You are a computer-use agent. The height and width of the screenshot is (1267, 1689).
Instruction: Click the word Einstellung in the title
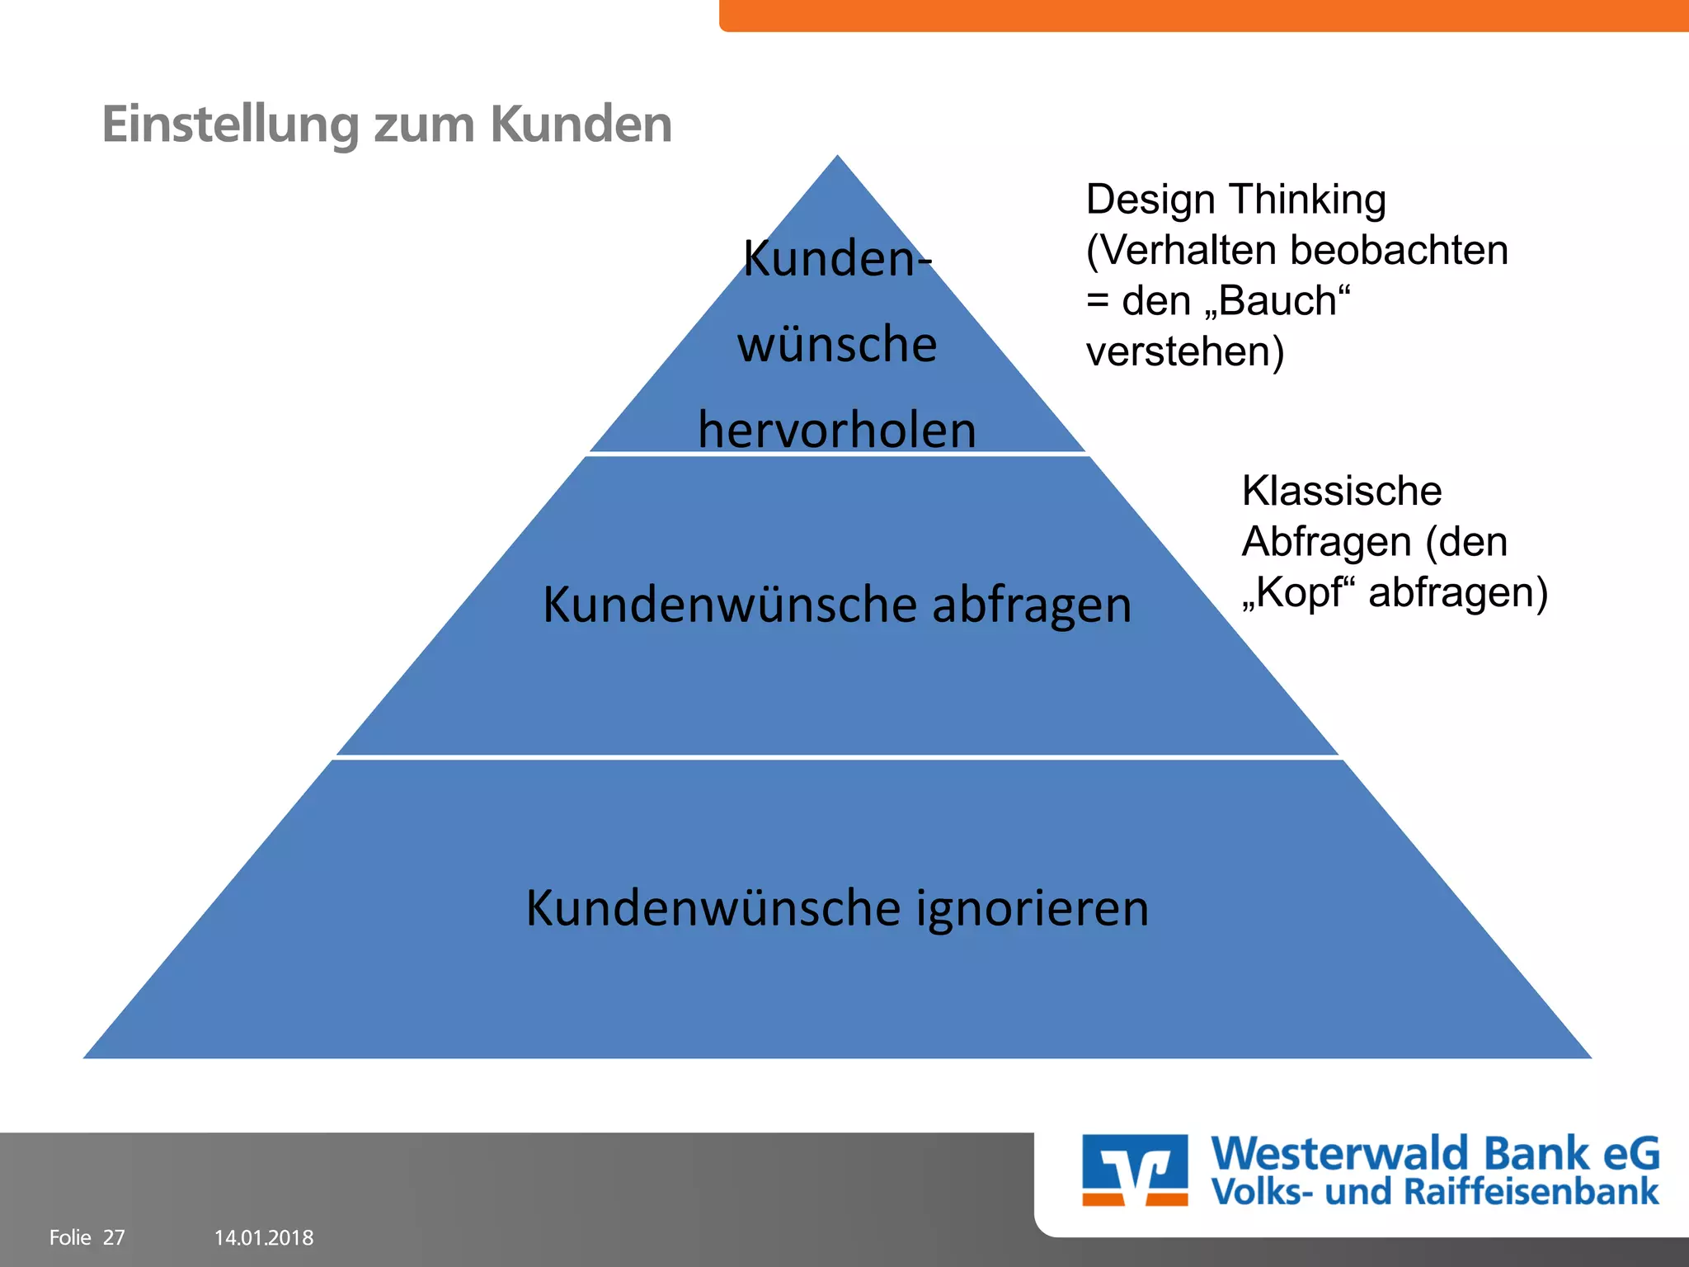[x=230, y=125]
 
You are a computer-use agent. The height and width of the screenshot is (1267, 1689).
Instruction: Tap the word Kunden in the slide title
[x=581, y=125]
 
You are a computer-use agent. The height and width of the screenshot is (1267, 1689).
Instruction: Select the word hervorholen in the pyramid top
[x=837, y=430]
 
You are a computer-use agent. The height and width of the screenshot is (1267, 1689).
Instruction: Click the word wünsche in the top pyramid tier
[x=837, y=344]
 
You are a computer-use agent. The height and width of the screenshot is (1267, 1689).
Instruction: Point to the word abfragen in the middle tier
[x=1032, y=605]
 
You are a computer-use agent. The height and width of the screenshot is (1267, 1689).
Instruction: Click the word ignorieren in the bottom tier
[x=1033, y=908]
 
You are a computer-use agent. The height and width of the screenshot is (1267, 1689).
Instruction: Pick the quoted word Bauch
[x=1277, y=301]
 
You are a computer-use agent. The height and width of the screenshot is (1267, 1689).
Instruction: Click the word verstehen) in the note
[x=1185, y=352]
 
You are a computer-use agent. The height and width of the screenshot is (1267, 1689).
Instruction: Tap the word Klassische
[x=1342, y=492]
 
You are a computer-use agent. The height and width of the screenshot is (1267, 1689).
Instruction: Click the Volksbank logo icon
[x=1135, y=1170]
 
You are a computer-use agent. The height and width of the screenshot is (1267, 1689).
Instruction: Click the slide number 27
[x=114, y=1237]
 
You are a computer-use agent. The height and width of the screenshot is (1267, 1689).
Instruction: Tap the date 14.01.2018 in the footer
[x=264, y=1237]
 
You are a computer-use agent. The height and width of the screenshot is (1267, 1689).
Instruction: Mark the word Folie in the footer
[x=70, y=1237]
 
